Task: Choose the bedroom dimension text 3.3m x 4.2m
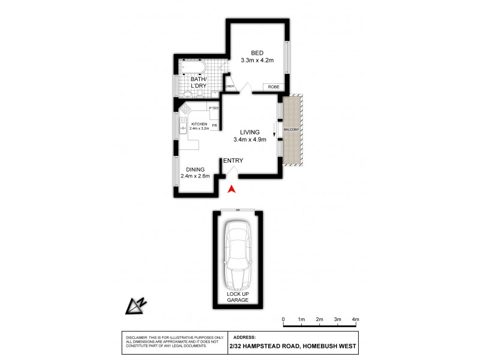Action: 257,61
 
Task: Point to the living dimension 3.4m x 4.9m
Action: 250,140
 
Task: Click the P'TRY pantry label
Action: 213,108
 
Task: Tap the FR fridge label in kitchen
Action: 214,125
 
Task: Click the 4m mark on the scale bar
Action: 355,319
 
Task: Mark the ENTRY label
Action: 233,161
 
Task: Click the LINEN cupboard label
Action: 229,88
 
